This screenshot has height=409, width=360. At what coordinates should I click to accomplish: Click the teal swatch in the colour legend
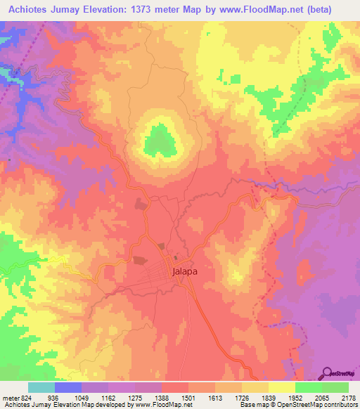point(41,387)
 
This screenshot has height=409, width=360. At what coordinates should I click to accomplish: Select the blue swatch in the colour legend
point(68,387)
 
